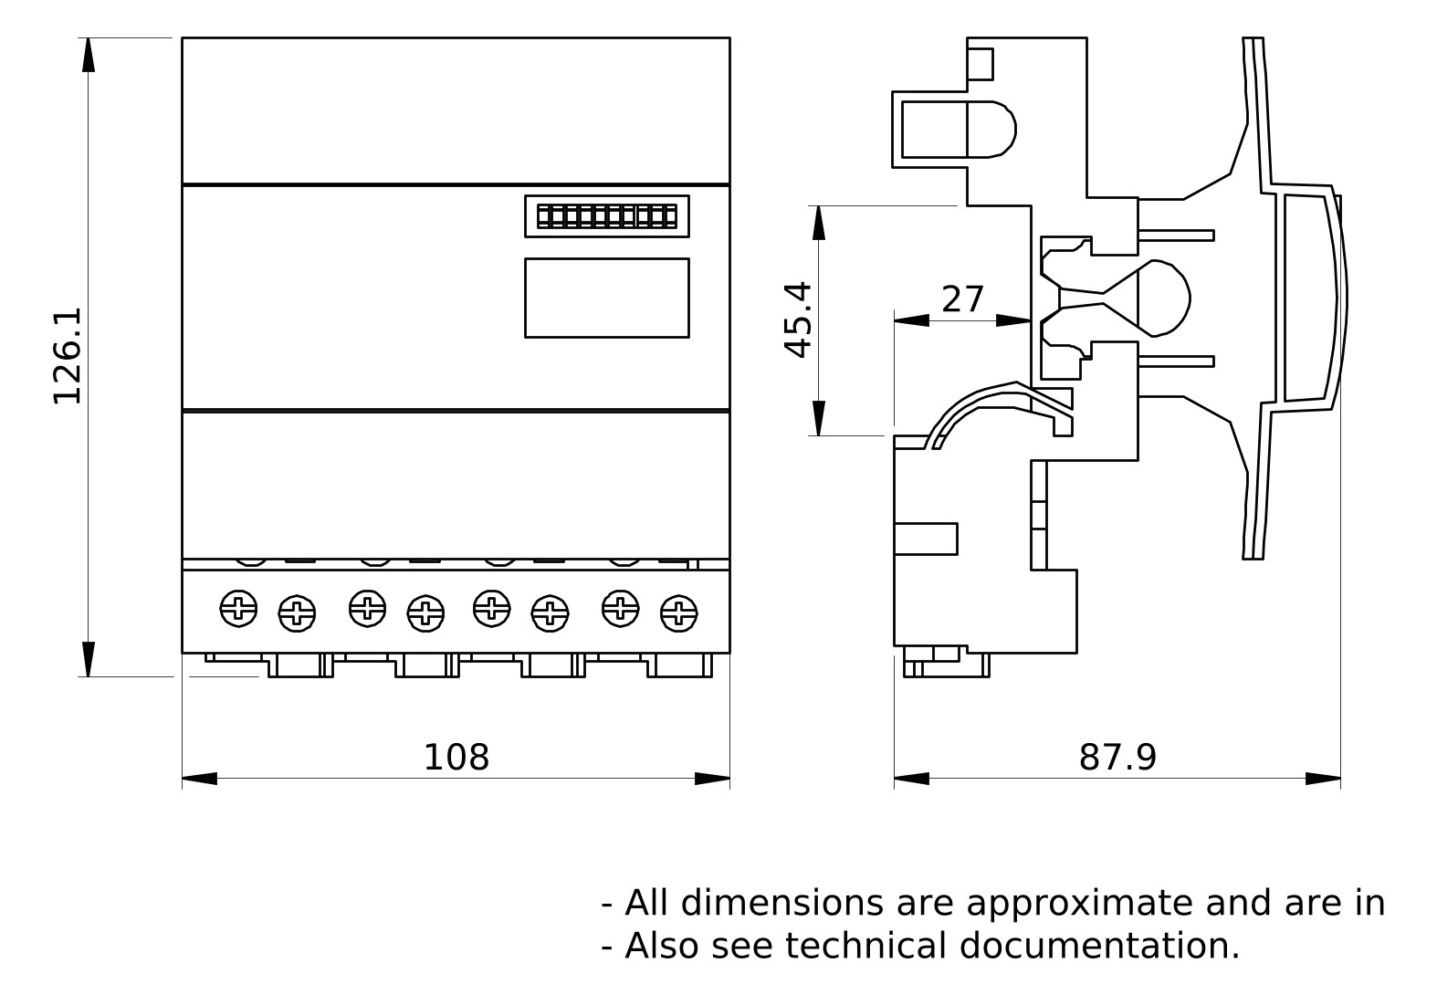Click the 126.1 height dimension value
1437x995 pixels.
[x=67, y=356]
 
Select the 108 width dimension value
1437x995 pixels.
[x=456, y=758]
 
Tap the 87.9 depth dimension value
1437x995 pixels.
[x=1117, y=758]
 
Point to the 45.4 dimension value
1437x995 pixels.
[x=798, y=319]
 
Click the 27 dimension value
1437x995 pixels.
[x=963, y=299]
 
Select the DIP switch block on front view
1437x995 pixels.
[x=606, y=216]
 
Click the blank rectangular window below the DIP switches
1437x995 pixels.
[x=606, y=298]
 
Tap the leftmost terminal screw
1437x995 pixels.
[x=239, y=608]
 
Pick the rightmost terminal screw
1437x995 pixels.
[x=678, y=613]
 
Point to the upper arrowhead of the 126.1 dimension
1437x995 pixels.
[x=89, y=55]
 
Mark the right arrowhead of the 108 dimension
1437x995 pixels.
[x=712, y=779]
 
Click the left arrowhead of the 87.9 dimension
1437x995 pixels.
[x=911, y=779]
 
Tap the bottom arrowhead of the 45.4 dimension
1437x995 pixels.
[x=819, y=418]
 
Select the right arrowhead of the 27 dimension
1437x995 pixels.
[x=1013, y=320]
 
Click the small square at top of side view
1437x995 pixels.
[x=980, y=65]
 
